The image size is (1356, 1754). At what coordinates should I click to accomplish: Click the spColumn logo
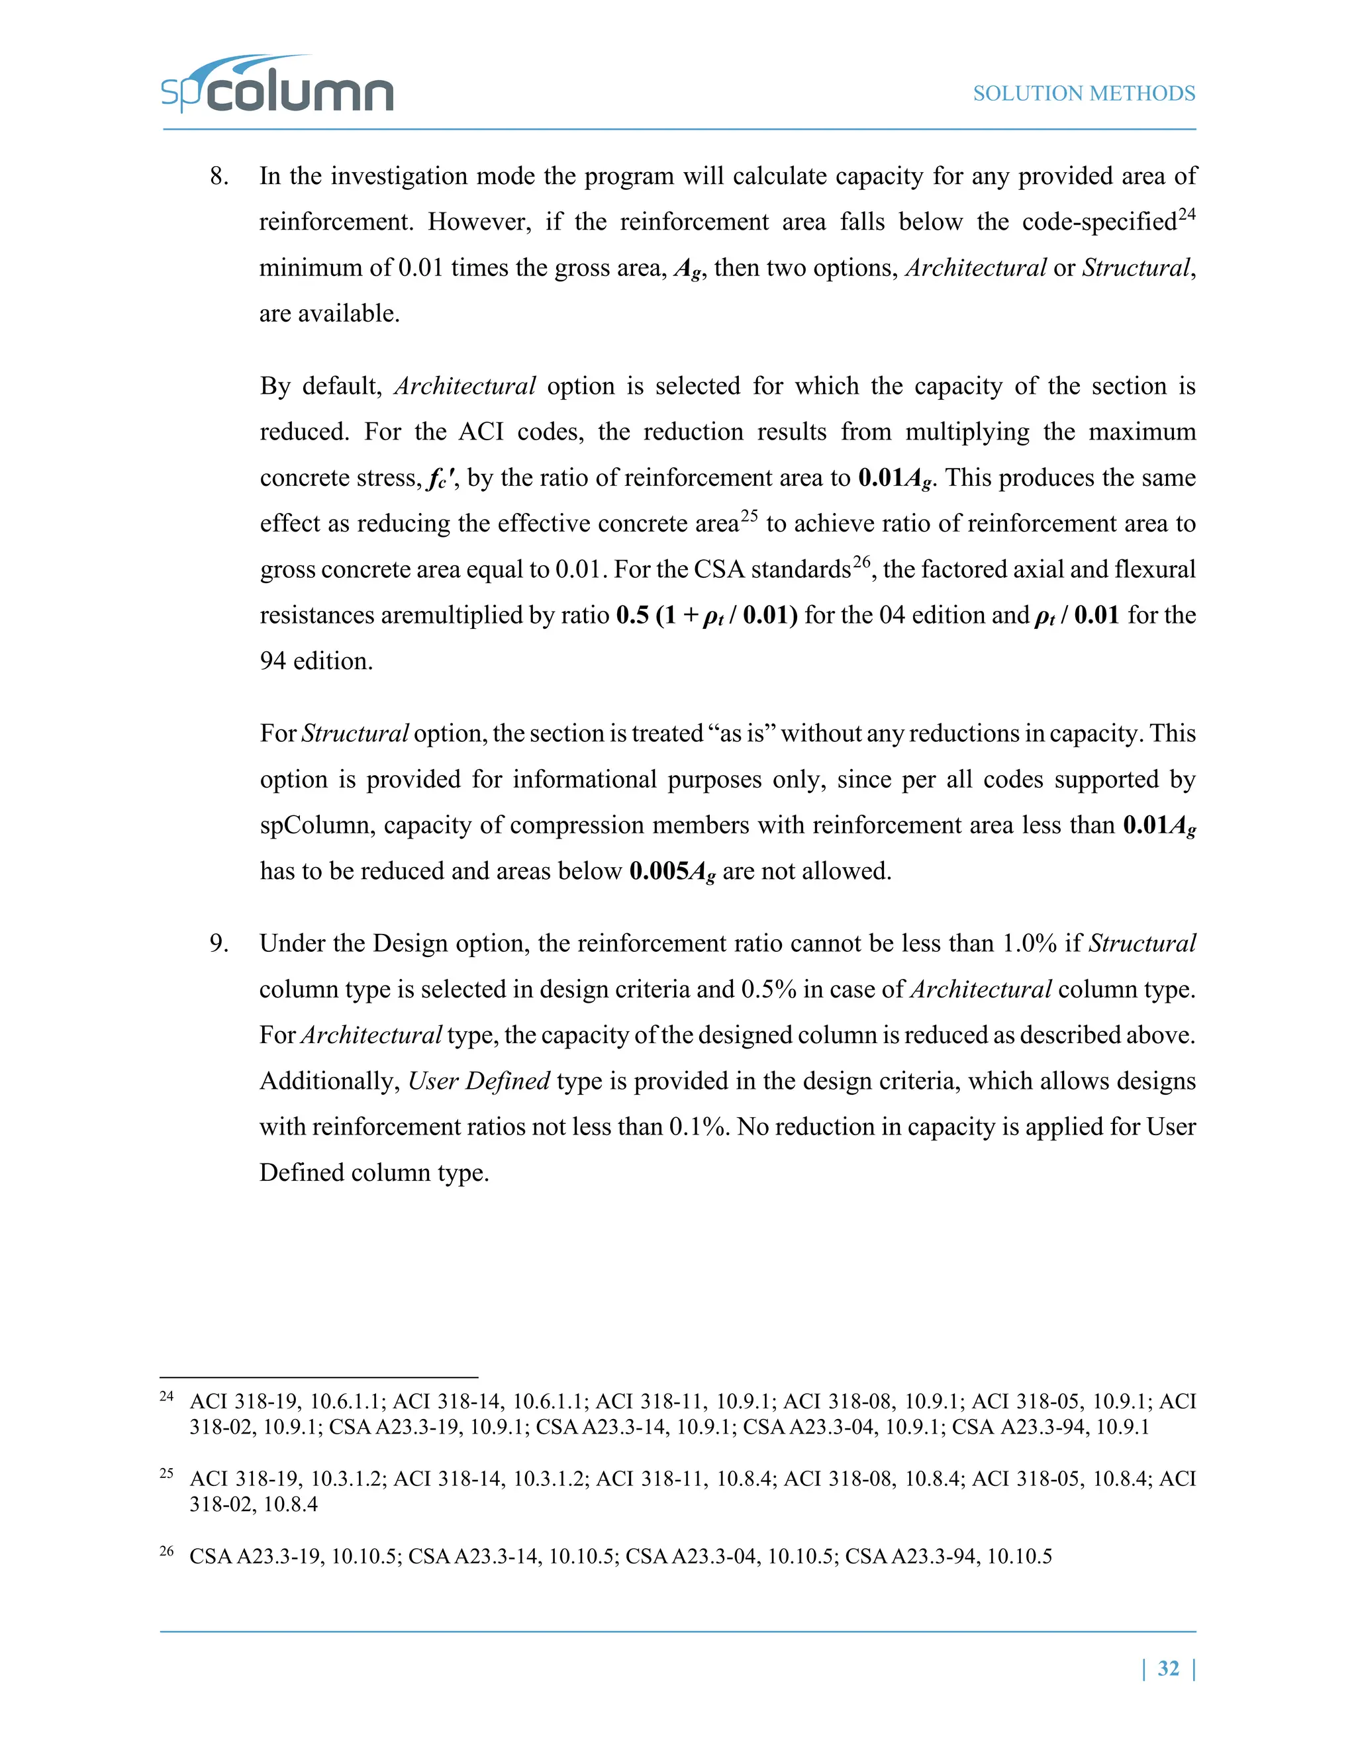pyautogui.click(x=277, y=86)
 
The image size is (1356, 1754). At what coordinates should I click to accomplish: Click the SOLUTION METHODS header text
pyautogui.click(x=1084, y=94)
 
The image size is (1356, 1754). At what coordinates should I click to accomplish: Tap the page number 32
pyautogui.click(x=1168, y=1668)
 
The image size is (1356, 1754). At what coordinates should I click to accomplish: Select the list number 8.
pyautogui.click(x=218, y=177)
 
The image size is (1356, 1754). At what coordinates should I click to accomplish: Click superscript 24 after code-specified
pyautogui.click(x=1186, y=214)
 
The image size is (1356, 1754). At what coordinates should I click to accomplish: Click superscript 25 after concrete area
pyautogui.click(x=749, y=516)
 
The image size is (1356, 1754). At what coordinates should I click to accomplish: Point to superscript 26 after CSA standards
pyautogui.click(x=861, y=562)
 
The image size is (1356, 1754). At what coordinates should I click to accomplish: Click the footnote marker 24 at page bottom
pyautogui.click(x=166, y=1396)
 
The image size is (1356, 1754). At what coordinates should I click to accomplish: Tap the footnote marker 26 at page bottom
pyautogui.click(x=166, y=1550)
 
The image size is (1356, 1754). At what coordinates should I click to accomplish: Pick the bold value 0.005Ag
pyautogui.click(x=671, y=872)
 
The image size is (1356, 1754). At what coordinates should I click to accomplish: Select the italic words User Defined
pyautogui.click(x=479, y=1081)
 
